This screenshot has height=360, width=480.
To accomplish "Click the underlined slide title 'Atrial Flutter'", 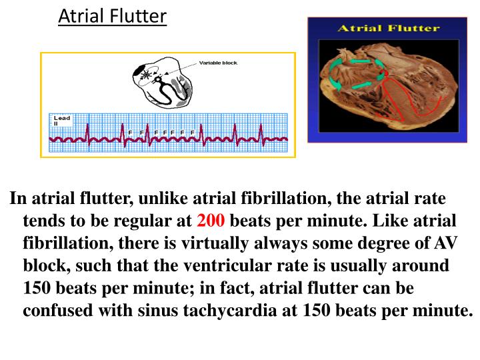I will tap(112, 15).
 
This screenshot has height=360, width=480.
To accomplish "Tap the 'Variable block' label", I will tap(218, 63).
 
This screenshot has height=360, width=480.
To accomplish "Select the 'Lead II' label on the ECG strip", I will tap(61, 121).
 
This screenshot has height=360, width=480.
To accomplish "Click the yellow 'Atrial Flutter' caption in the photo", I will tap(387, 28).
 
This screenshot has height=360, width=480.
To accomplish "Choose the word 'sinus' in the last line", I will tap(175, 311).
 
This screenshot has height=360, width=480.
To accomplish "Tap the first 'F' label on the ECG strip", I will tap(130, 132).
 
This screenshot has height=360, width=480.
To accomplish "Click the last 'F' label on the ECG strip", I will tap(192, 132).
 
